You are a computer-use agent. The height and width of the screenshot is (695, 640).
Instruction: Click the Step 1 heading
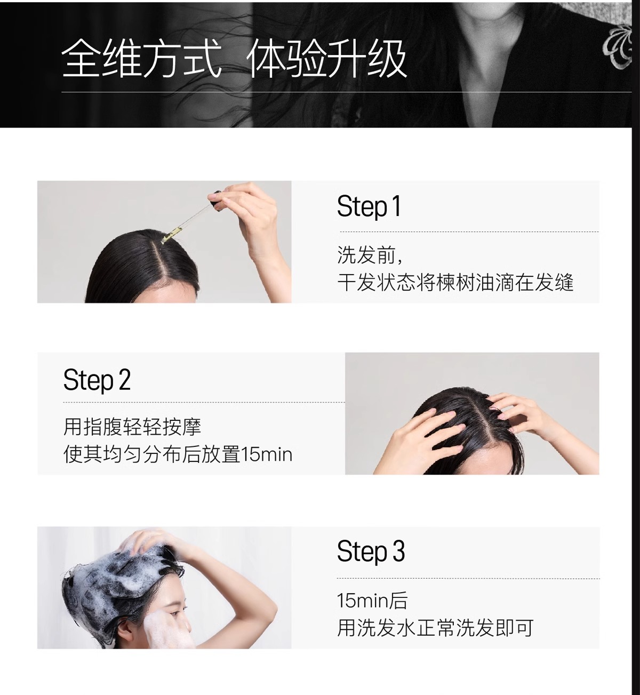pyautogui.click(x=369, y=207)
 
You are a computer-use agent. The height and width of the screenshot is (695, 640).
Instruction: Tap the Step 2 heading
pyautogui.click(x=97, y=380)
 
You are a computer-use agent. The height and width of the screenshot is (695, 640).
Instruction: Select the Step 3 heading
pyautogui.click(x=371, y=551)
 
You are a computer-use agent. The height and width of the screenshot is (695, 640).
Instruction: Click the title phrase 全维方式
pyautogui.click(x=141, y=59)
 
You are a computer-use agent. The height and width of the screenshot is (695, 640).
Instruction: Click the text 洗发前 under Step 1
pyautogui.click(x=370, y=255)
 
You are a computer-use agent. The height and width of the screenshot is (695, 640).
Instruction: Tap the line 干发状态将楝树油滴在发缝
pyautogui.click(x=455, y=282)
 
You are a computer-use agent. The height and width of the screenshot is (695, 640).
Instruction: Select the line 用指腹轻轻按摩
pyautogui.click(x=132, y=426)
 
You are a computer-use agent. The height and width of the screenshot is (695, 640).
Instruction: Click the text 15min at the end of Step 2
pyautogui.click(x=267, y=454)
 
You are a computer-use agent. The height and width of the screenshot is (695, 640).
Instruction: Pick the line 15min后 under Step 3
pyautogui.click(x=372, y=601)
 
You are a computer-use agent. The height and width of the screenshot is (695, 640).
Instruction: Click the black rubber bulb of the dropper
pyautogui.click(x=215, y=197)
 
